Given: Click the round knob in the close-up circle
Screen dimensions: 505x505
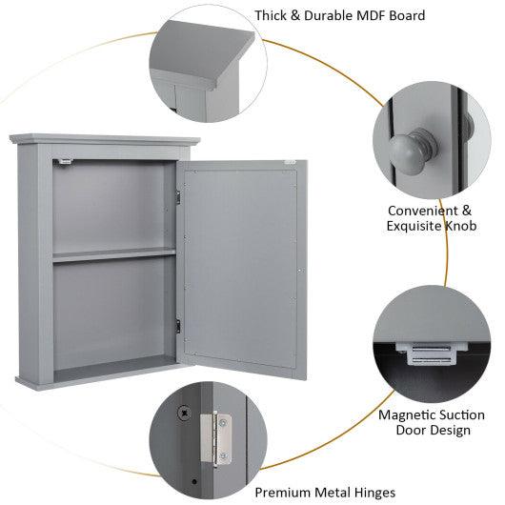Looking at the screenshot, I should coord(410,147).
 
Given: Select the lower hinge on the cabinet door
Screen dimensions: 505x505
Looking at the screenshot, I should coord(177,326).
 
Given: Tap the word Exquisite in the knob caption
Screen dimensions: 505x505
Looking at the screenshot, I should coord(413,226).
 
